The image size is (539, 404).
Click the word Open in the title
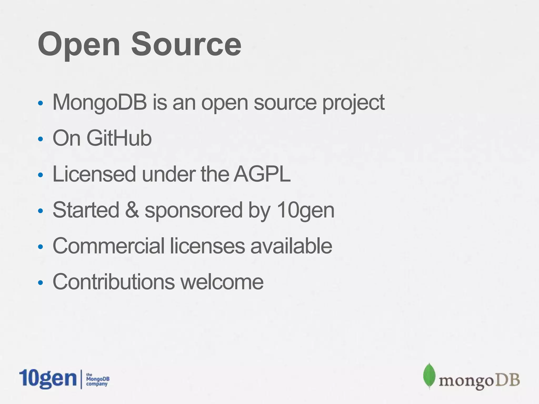coord(79,45)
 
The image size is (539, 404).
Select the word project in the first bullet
coord(353,103)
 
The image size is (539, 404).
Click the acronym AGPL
coord(262,174)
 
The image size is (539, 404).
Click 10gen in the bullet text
coord(305,210)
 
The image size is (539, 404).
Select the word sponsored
coord(193,210)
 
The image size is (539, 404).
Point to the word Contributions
coord(114,282)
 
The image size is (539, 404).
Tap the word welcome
coord(222,282)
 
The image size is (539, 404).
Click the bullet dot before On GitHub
coord(40,139)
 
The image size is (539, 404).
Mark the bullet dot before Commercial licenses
coord(40,247)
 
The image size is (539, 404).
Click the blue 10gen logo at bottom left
coord(48,379)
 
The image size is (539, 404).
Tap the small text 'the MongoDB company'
coord(97,380)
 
